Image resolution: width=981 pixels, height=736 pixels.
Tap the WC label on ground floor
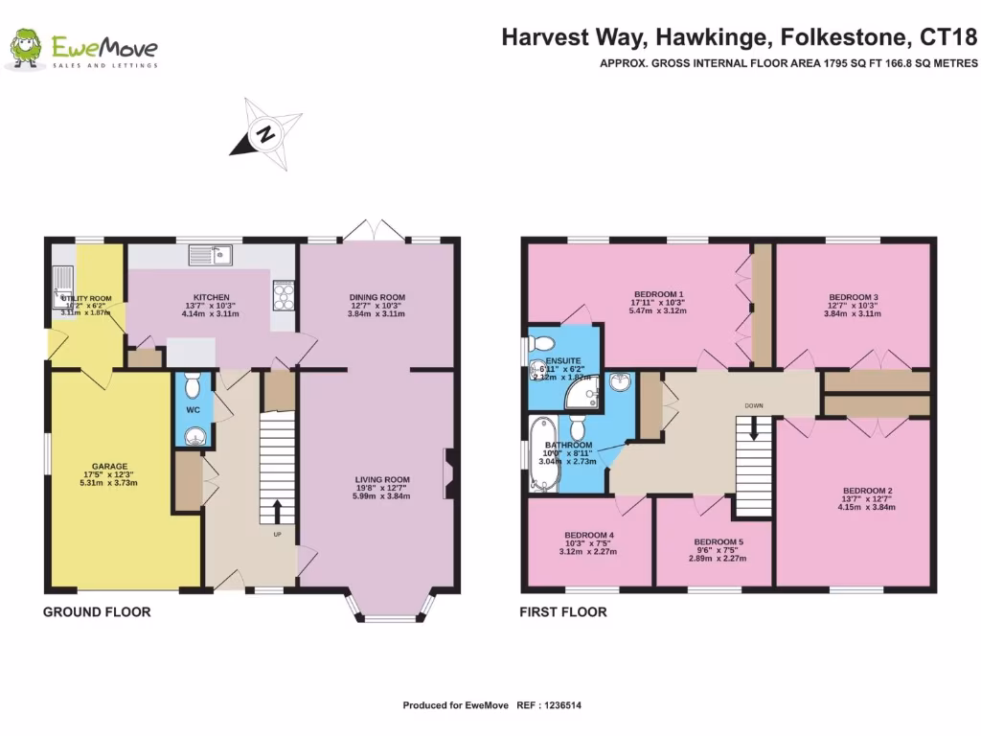coord(192,409)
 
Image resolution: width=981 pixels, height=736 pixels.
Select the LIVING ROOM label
coord(381,480)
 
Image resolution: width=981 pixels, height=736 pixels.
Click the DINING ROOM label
coord(377,297)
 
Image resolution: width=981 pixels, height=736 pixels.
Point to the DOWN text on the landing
coord(754,405)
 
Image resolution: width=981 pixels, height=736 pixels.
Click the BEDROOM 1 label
coord(659,293)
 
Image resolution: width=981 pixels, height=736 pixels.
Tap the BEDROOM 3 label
coord(853,297)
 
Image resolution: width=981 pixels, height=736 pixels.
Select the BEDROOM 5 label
coord(718,542)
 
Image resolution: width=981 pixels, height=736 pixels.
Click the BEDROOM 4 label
coord(589,535)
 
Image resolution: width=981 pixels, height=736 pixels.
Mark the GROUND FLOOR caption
coord(97,611)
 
